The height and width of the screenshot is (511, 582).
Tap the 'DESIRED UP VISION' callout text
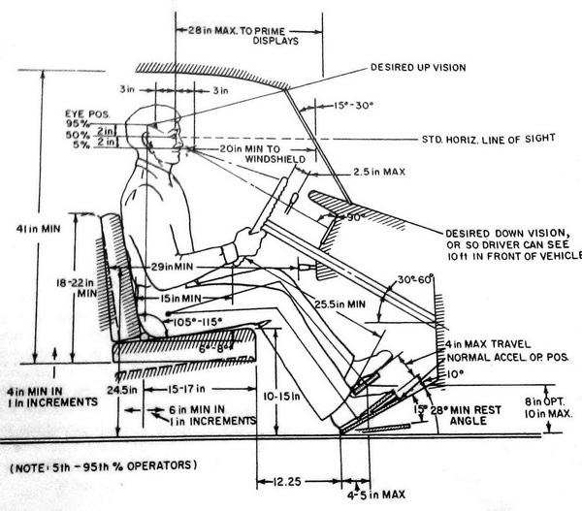click(418, 68)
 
